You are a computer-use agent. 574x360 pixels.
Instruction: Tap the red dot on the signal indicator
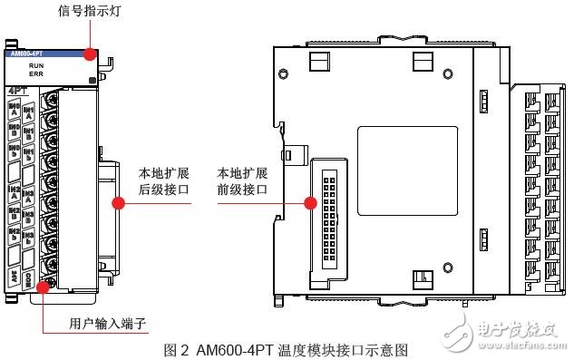pyautogui.click(x=90, y=54)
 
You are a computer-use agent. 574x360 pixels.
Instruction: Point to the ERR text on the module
pyautogui.click(x=37, y=76)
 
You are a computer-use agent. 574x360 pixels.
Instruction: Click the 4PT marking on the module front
pyautogui.click(x=17, y=91)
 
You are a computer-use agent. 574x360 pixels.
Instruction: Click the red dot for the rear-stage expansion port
pyautogui.click(x=118, y=203)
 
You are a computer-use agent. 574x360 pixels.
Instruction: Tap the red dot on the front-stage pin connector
pyautogui.click(x=311, y=203)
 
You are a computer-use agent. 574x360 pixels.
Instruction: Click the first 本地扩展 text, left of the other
pyautogui.click(x=158, y=172)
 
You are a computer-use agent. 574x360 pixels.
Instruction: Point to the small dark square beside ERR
pyautogui.click(x=93, y=82)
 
